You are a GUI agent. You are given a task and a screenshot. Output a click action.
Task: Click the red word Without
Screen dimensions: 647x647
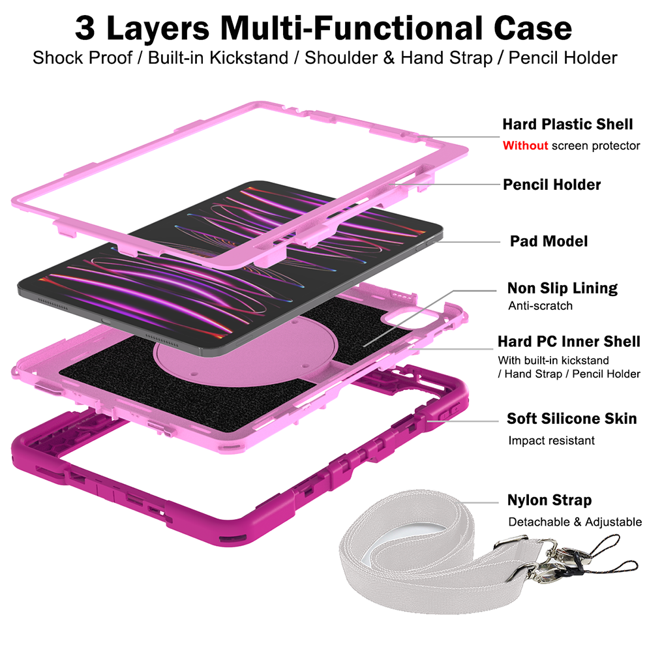pyautogui.click(x=525, y=145)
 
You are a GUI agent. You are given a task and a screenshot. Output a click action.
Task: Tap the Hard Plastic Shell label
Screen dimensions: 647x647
pyautogui.click(x=567, y=124)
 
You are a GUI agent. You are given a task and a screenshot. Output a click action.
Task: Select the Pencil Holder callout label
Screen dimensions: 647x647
pyautogui.click(x=552, y=185)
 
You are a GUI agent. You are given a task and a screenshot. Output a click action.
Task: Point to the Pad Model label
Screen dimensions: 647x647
pyautogui.click(x=549, y=241)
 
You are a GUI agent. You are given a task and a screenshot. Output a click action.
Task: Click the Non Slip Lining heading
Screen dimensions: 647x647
pyautogui.click(x=562, y=288)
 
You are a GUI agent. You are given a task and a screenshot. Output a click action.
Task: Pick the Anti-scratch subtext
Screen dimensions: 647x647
pyautogui.click(x=541, y=306)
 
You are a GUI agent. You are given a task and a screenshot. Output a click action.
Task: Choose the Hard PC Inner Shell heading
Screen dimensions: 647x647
pyautogui.click(x=569, y=341)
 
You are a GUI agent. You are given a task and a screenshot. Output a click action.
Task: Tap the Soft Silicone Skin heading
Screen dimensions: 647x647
pyautogui.click(x=572, y=419)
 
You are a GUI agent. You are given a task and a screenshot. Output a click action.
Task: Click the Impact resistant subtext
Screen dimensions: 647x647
pyautogui.click(x=551, y=440)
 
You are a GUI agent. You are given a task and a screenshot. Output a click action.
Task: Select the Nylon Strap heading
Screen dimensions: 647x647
pyautogui.click(x=550, y=500)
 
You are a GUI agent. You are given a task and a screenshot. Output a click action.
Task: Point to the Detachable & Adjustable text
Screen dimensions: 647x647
pyautogui.click(x=575, y=522)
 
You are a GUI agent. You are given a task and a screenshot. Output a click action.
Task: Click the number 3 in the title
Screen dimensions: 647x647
pyautogui.click(x=85, y=28)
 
